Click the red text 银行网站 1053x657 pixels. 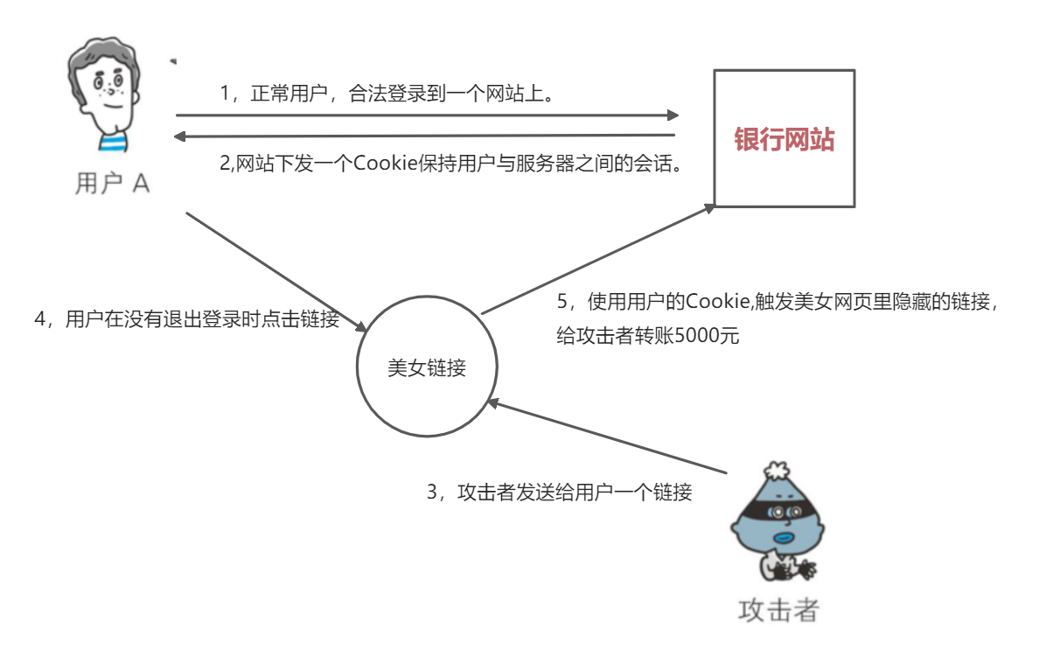(784, 140)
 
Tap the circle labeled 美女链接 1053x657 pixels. (427, 368)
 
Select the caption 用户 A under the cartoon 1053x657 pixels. (112, 183)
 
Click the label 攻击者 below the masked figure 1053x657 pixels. (778, 609)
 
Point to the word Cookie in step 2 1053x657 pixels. (382, 164)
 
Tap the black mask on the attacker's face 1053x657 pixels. (778, 510)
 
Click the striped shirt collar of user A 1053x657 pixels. (110, 142)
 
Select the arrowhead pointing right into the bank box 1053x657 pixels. (672, 115)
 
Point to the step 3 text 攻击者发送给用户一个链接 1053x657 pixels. (560, 493)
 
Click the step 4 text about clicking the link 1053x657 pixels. (186, 319)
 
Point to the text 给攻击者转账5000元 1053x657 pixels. (647, 335)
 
